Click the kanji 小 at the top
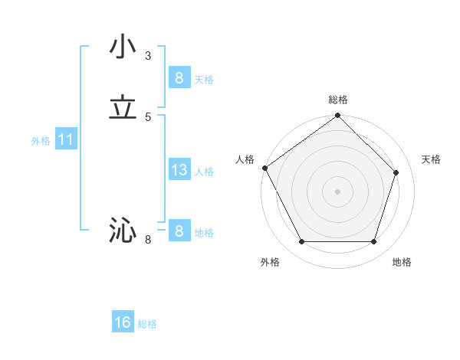point(123,47)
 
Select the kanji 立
point(123,108)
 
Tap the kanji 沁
point(123,231)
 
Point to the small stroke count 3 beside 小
point(148,55)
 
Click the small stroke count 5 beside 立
point(148,116)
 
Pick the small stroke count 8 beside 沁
point(148,240)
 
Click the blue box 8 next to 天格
point(179,78)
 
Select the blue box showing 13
point(179,170)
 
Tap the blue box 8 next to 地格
point(179,231)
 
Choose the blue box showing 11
point(65,140)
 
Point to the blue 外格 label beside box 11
point(41,141)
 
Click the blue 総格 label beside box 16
point(147,324)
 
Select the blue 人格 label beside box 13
point(204,171)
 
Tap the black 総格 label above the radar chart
point(338,100)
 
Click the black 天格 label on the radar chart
point(431,159)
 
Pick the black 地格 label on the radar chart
point(402,262)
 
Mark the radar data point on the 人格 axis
point(264,168)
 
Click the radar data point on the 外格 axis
point(301,242)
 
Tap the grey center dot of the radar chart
point(337,191)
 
